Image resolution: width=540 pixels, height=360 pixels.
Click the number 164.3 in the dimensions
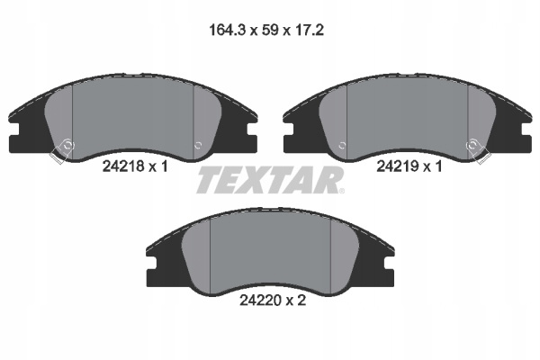[228, 31]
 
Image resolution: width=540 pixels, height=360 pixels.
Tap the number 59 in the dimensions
[270, 31]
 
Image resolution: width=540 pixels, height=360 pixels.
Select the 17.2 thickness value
[310, 31]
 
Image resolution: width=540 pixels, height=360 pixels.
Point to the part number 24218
[123, 166]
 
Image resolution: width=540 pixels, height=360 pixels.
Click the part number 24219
[398, 166]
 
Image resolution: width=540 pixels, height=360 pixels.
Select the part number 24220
[260, 301]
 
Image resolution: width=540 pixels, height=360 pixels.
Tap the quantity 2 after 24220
[301, 301]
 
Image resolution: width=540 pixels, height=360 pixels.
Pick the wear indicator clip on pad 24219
[478, 150]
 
